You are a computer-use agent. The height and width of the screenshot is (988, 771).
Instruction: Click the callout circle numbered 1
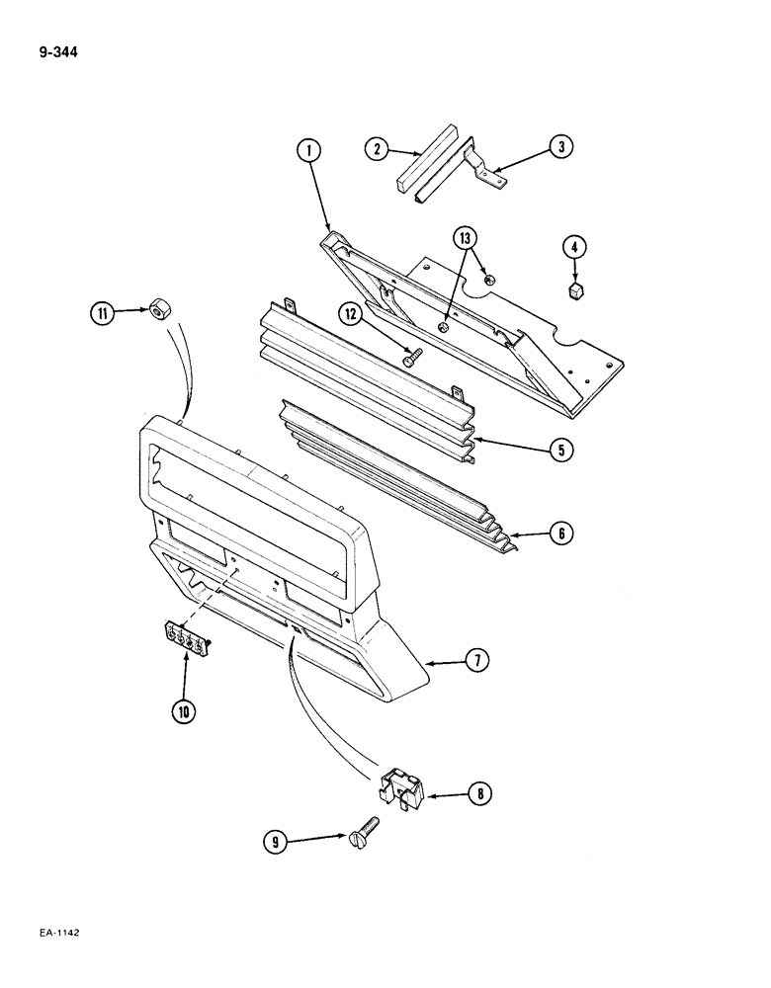pyautogui.click(x=309, y=151)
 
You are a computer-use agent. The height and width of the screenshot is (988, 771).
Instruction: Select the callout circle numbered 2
pyautogui.click(x=376, y=149)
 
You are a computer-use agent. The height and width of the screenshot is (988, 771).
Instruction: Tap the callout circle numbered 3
pyautogui.click(x=560, y=147)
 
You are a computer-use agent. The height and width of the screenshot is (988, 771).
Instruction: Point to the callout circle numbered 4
pyautogui.click(x=573, y=246)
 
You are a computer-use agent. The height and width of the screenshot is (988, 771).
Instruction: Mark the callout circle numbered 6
pyautogui.click(x=560, y=534)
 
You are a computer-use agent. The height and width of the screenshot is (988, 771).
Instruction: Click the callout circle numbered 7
pyautogui.click(x=476, y=661)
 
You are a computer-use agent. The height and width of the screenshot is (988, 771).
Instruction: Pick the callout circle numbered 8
pyautogui.click(x=478, y=792)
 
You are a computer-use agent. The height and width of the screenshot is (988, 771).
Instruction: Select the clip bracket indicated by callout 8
pyautogui.click(x=401, y=785)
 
